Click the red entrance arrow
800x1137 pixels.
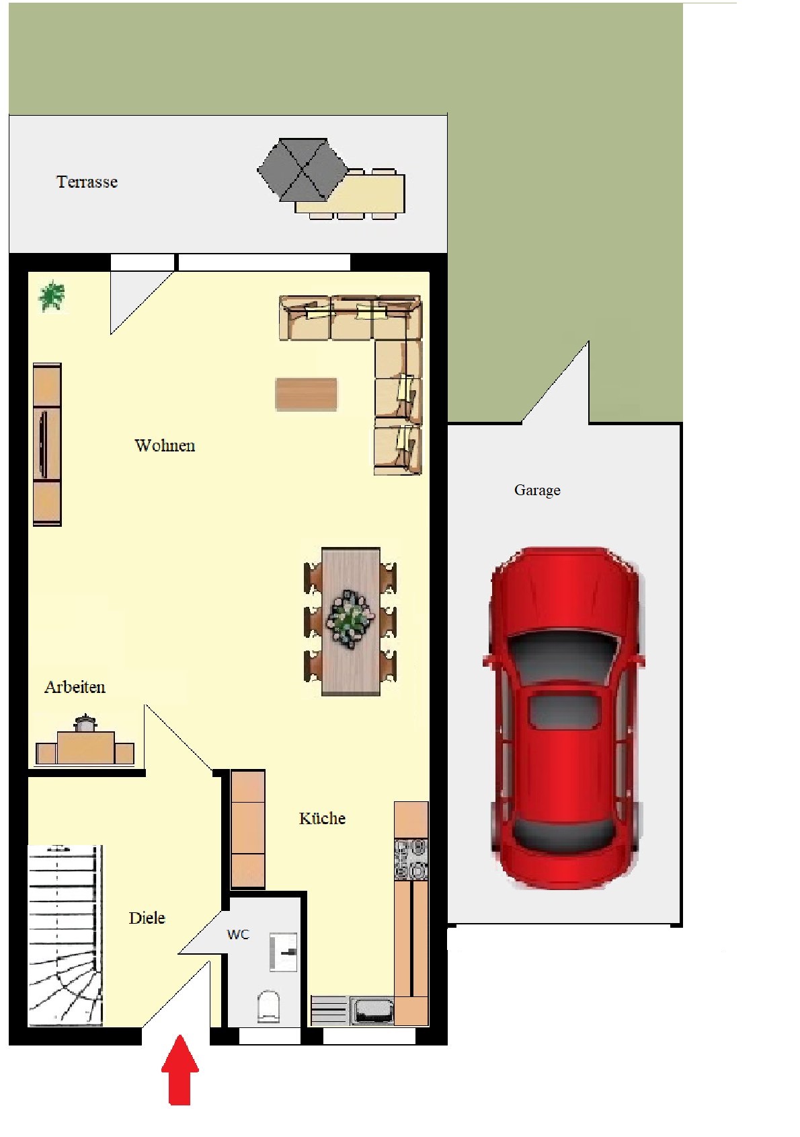[180, 1070]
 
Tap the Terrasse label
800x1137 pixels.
[87, 182]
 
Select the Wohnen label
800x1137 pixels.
[165, 445]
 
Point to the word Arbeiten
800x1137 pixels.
[75, 687]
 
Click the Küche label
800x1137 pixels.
[322, 818]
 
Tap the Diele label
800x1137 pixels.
[147, 918]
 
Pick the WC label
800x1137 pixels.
[238, 934]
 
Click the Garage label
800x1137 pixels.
[537, 490]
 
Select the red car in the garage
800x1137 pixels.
[563, 719]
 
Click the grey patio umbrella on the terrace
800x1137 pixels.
[303, 170]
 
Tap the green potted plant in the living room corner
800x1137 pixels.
[52, 296]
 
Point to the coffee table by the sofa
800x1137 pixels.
[306, 394]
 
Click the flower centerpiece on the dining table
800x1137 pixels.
[350, 619]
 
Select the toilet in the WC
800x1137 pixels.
[268, 1006]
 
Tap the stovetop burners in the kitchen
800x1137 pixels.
[411, 859]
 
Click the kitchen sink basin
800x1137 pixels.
[372, 1011]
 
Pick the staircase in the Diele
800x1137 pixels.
[65, 936]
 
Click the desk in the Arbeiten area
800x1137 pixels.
[85, 746]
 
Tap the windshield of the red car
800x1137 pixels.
[564, 657]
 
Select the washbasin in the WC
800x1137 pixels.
[283, 952]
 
